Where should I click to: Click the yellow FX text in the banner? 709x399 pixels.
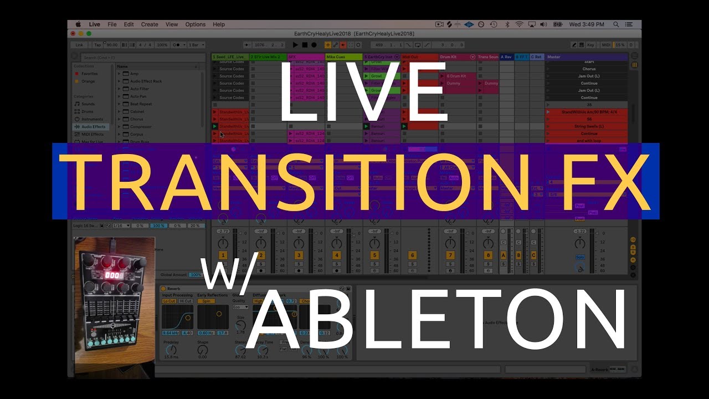click(609, 181)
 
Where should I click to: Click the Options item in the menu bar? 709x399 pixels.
click(195, 24)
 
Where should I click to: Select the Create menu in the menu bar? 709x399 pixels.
click(150, 24)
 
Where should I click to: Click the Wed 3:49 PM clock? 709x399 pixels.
click(587, 24)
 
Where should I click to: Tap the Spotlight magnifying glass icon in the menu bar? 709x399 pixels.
click(616, 24)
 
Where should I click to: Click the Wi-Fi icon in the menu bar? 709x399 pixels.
click(519, 24)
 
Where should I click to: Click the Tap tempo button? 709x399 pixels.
click(97, 45)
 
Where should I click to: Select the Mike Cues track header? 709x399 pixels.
click(343, 57)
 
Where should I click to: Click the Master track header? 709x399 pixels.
click(586, 57)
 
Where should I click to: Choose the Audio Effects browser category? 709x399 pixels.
click(93, 127)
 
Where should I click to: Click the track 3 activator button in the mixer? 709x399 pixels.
click(299, 255)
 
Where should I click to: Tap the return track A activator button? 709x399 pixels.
click(504, 255)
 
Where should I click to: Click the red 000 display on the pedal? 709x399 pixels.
click(114, 275)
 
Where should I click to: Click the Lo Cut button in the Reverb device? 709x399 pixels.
click(169, 301)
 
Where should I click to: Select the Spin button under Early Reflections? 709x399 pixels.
click(206, 301)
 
